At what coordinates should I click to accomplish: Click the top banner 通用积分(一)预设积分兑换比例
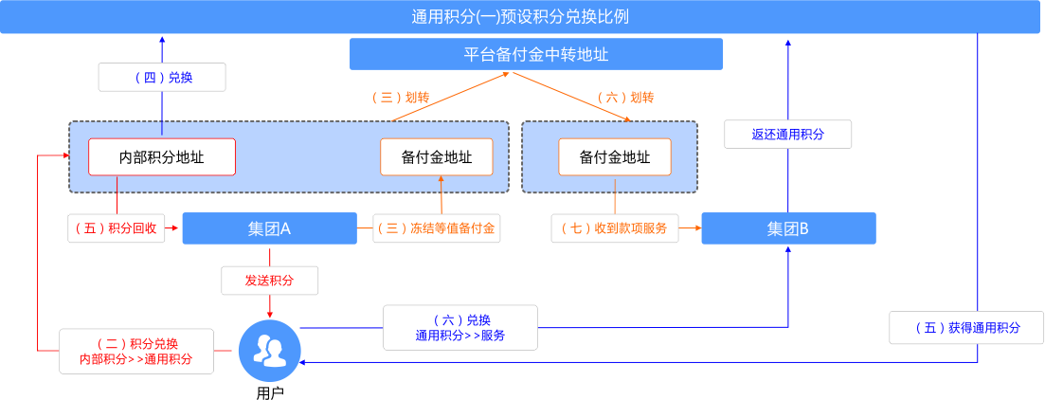[521, 17]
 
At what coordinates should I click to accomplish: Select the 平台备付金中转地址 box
[536, 54]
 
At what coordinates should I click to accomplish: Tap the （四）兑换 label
[162, 78]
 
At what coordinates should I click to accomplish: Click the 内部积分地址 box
[162, 157]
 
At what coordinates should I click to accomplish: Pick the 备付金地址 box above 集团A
[437, 157]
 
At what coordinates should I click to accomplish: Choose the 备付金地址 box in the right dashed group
[615, 157]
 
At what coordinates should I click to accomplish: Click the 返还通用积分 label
[787, 135]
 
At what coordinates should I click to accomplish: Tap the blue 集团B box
[787, 228]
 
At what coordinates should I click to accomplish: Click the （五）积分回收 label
[118, 228]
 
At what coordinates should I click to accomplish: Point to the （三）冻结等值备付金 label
[437, 228]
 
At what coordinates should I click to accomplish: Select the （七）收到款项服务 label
[615, 228]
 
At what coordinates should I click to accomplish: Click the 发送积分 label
[269, 281]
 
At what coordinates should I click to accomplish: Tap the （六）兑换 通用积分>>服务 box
[459, 327]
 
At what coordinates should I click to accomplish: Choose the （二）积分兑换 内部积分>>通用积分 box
[136, 351]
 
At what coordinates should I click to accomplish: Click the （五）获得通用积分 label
[966, 328]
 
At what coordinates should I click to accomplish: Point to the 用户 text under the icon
[269, 391]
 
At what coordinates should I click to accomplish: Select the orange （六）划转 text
[626, 98]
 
